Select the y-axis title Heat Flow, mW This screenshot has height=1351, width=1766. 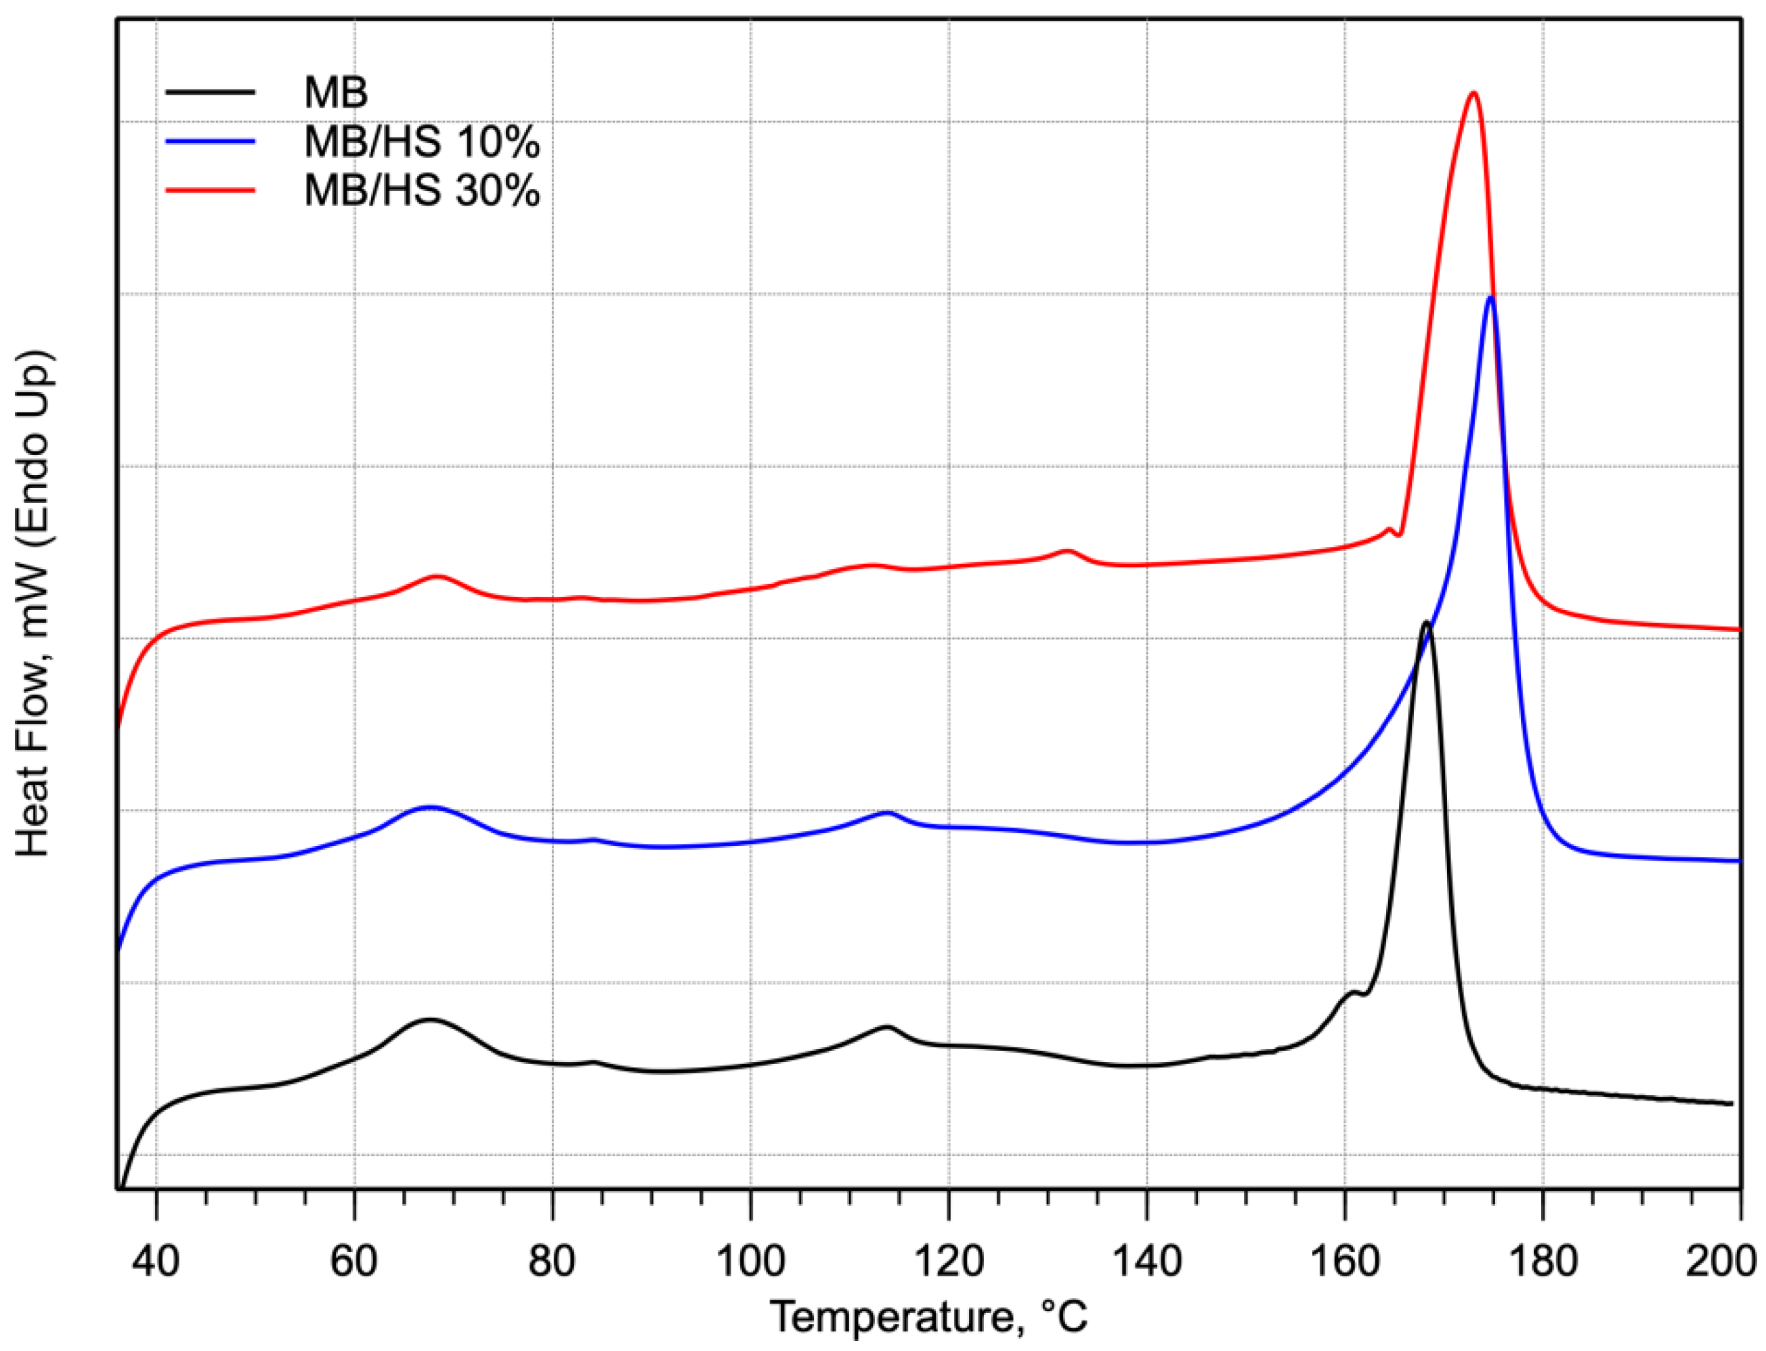34,603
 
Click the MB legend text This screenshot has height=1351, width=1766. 335,93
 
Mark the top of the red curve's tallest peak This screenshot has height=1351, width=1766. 1473,93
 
